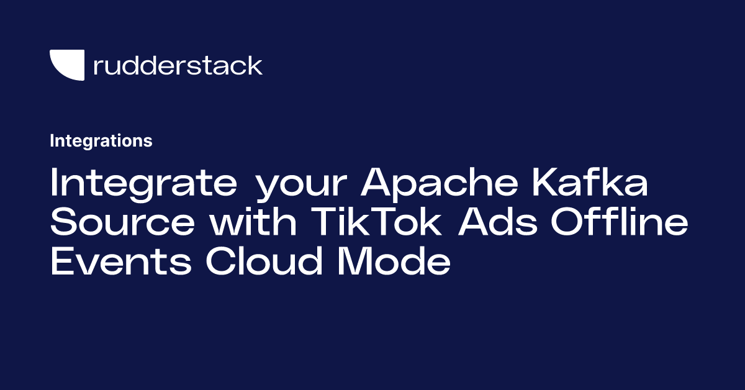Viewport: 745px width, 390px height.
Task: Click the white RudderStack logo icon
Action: (x=67, y=65)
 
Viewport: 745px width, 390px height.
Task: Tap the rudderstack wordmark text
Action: (x=178, y=66)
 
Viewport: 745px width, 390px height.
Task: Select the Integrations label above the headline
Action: (x=101, y=141)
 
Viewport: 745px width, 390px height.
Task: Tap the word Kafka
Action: (x=590, y=182)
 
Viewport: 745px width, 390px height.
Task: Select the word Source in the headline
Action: (x=122, y=221)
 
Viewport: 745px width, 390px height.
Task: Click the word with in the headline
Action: (x=253, y=220)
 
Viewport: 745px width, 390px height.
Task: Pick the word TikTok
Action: (x=376, y=220)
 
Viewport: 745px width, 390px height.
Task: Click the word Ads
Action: (x=497, y=220)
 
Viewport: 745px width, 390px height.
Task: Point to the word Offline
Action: (x=619, y=220)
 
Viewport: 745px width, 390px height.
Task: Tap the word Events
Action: (x=121, y=260)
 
